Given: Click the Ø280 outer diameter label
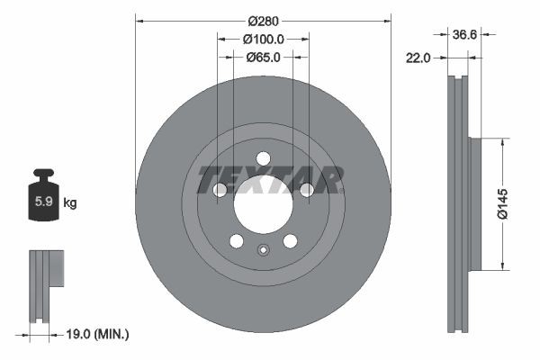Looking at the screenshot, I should tap(263, 21).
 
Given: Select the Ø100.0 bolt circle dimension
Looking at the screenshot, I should tap(263, 39).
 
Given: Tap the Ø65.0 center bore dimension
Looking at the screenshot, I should tap(263, 57).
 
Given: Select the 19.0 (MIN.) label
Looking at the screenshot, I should tap(99, 334).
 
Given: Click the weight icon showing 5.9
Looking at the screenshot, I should tap(43, 200).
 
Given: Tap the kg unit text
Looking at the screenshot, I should tap(70, 203).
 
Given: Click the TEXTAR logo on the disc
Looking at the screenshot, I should tap(270, 179).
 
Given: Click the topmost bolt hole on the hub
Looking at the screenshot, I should tap(263, 158).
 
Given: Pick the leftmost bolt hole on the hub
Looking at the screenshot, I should tap(220, 190).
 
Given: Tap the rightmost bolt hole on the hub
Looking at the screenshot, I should tap(306, 190).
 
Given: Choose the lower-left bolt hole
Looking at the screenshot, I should tap(236, 241).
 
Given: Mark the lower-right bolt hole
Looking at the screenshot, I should tap(290, 241).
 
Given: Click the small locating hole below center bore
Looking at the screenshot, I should tap(263, 251).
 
